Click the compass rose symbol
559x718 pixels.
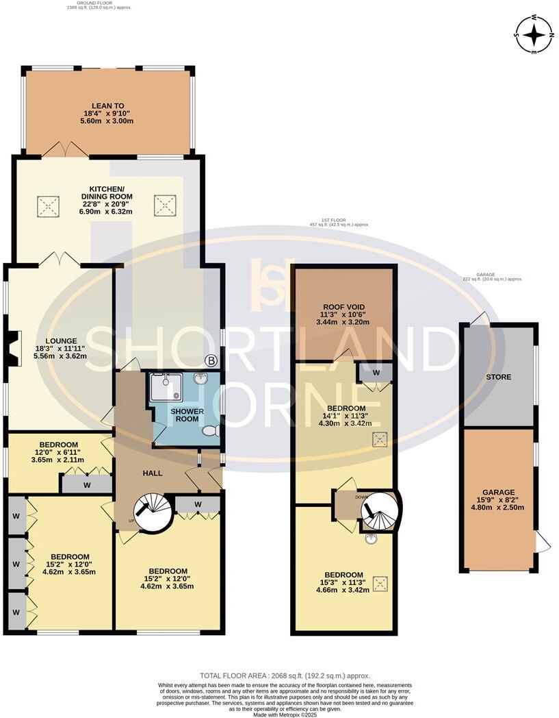(534, 34)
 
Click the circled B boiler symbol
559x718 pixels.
(211, 360)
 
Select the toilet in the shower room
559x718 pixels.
(211, 431)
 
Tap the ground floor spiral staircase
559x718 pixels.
(153, 513)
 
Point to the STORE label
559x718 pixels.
(498, 377)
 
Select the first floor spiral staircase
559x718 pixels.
(379, 512)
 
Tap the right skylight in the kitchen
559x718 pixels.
(164, 203)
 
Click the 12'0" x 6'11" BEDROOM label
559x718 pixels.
(58, 453)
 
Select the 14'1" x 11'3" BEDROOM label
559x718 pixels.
(345, 416)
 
